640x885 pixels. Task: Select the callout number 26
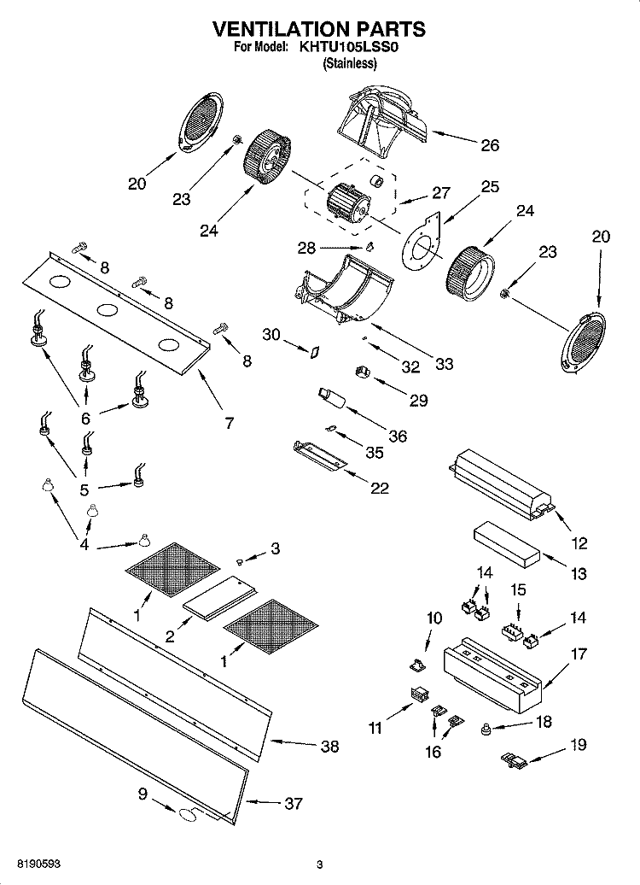point(490,145)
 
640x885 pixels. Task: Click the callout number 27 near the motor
point(441,192)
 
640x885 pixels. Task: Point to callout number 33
point(445,364)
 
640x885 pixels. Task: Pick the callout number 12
point(579,543)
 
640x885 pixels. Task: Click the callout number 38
point(330,746)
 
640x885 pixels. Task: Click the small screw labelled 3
point(240,561)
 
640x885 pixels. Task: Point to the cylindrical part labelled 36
point(333,397)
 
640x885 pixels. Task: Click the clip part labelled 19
point(514,760)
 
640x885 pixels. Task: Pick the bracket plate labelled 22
point(320,455)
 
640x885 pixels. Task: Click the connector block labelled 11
point(418,695)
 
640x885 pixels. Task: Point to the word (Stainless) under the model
point(350,62)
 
